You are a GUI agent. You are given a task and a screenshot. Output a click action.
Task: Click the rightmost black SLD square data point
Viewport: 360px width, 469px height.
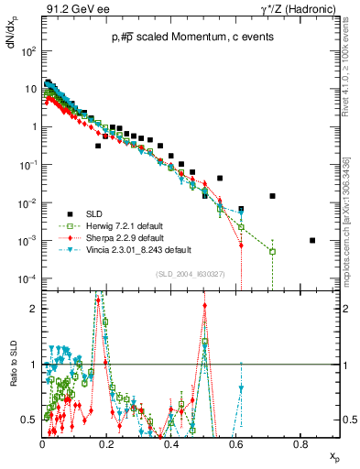pyautogui.click(x=313, y=241)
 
